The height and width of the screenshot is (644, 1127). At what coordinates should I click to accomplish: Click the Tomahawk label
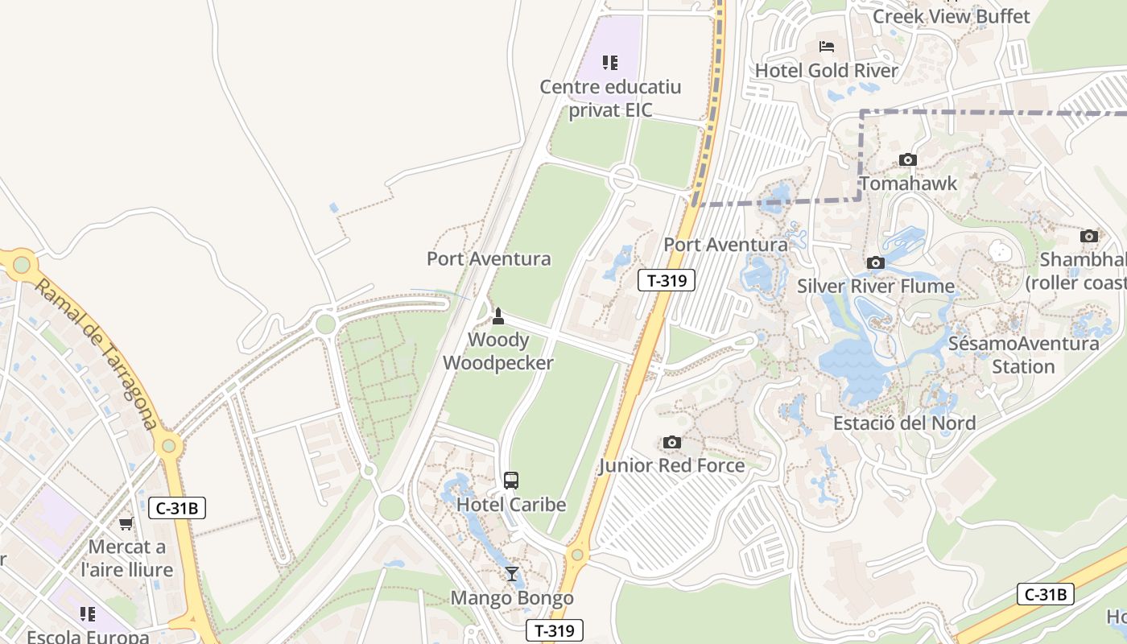tap(908, 184)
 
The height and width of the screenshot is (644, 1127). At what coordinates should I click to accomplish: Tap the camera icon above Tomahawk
tap(908, 159)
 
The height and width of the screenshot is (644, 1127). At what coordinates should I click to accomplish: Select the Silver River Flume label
tap(876, 287)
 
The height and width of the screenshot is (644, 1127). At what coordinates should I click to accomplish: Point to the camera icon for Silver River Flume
tap(876, 262)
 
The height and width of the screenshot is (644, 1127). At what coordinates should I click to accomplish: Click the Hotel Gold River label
tap(826, 71)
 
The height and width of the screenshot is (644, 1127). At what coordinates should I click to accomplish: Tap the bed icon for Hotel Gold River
tap(826, 47)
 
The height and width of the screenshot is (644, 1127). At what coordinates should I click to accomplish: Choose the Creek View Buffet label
tap(951, 16)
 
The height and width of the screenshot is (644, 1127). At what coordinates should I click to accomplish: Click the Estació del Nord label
tap(904, 423)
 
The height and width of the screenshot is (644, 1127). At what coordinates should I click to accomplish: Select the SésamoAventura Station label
tap(1023, 355)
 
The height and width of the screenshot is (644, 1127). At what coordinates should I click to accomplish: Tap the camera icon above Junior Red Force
tap(671, 442)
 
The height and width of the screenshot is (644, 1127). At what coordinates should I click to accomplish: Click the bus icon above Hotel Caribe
tap(511, 481)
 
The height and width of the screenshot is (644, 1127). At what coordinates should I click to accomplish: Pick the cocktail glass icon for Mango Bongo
tap(511, 574)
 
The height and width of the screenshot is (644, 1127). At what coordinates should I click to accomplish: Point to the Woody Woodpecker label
tap(498, 352)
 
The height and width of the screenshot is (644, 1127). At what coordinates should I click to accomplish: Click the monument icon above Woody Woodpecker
tap(498, 316)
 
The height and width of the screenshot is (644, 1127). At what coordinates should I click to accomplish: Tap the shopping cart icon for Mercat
tap(126, 524)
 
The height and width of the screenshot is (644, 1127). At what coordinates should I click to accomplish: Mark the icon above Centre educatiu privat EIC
tap(610, 63)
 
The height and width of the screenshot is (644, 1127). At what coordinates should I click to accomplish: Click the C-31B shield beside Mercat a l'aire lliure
tap(177, 508)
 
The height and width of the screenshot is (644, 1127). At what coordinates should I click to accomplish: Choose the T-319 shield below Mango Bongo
tap(554, 630)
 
